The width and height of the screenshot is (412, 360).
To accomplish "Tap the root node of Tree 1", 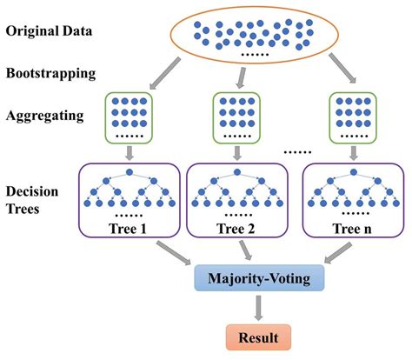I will [x=130, y=173].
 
